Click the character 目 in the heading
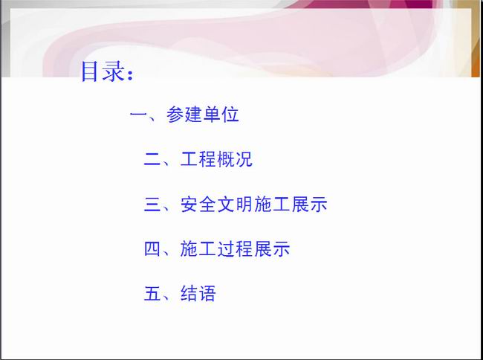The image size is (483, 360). [x=89, y=71]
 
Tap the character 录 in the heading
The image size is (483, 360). [x=113, y=71]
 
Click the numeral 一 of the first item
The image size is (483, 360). [x=139, y=115]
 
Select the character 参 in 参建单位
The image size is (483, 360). [x=175, y=115]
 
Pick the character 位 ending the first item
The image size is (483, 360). [x=230, y=115]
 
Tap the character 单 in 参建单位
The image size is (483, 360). [x=212, y=115]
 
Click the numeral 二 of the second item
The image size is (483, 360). [x=152, y=159]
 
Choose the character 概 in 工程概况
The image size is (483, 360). [x=226, y=159]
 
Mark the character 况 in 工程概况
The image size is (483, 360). [x=244, y=159]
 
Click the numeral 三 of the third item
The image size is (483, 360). [x=152, y=205]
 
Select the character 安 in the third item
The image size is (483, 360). [x=189, y=204]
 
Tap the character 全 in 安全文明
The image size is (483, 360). [x=207, y=204]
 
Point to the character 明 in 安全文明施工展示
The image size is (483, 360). [x=244, y=204]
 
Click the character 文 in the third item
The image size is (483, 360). [x=226, y=204]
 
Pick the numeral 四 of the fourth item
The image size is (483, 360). [x=152, y=249]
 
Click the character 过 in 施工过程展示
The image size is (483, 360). [x=226, y=248]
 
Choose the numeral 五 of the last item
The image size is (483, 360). [x=152, y=293]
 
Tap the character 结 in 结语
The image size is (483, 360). [x=189, y=293]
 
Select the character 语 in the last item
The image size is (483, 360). [x=207, y=293]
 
